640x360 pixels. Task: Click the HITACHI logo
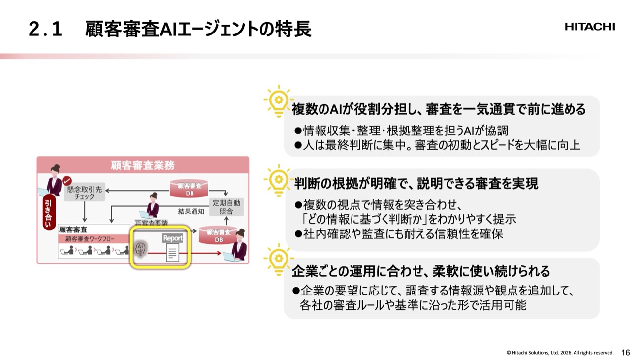pos(590,27)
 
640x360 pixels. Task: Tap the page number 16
pos(626,352)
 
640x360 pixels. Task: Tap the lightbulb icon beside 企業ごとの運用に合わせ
pos(278,258)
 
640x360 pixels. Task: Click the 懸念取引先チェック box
pos(85,192)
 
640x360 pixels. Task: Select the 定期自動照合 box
pos(226,207)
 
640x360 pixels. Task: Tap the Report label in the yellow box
pos(173,238)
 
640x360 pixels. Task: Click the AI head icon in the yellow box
pos(141,250)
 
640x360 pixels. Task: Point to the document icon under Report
pos(172,253)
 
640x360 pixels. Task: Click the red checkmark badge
pos(67,181)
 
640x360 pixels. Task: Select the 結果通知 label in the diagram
pos(191,212)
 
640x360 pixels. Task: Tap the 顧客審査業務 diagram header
pos(143,165)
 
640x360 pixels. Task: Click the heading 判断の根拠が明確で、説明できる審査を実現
pos(416,184)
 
